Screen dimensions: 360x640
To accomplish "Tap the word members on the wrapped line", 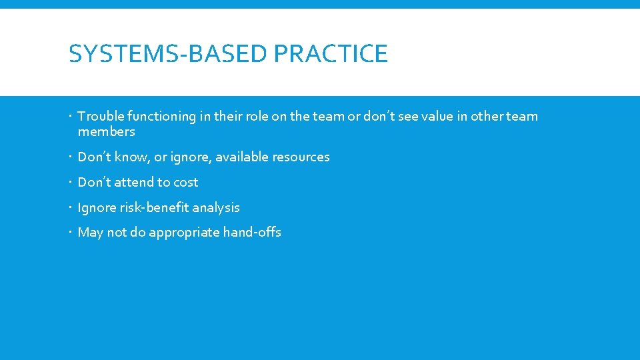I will tap(106, 132).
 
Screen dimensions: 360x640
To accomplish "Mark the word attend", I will tap(133, 183).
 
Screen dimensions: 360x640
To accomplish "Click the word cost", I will tap(186, 183).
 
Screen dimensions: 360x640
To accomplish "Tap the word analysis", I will tap(216, 208).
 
